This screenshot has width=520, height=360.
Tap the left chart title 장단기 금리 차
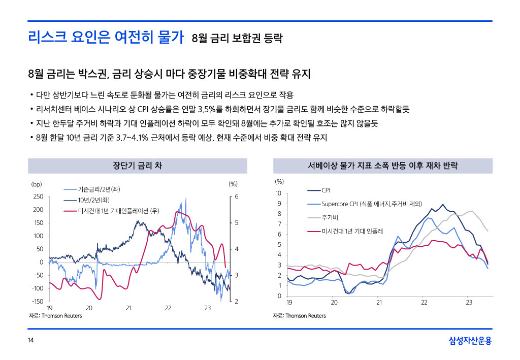click(x=137, y=166)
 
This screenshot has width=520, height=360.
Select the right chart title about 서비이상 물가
click(x=382, y=166)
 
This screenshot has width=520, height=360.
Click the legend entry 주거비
click(x=330, y=217)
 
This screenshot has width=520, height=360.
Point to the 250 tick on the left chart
click(x=38, y=197)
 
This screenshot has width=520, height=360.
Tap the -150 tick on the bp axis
click(x=37, y=302)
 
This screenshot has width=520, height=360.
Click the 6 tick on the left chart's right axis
click(x=237, y=197)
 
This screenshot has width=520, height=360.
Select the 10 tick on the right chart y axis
click(x=278, y=193)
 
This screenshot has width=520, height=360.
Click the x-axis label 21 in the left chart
click(x=128, y=308)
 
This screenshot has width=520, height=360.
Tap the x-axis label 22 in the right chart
click(x=424, y=303)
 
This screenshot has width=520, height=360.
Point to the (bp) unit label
click(x=36, y=183)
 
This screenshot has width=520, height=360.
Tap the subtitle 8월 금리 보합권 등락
click(x=237, y=38)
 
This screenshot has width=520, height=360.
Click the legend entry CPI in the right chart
click(x=326, y=190)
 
